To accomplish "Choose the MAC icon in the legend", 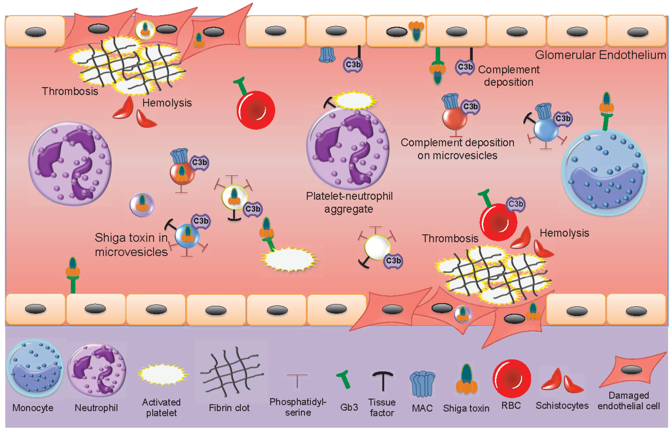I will click(422, 384).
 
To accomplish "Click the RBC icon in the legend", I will click(511, 378).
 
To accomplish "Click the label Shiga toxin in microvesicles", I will click(131, 245).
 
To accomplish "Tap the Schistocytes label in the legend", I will click(562, 405).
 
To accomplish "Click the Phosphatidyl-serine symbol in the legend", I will click(297, 380).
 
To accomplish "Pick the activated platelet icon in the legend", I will click(162, 374).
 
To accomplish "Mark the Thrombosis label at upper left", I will click(70, 91).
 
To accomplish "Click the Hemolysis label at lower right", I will click(564, 233).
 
